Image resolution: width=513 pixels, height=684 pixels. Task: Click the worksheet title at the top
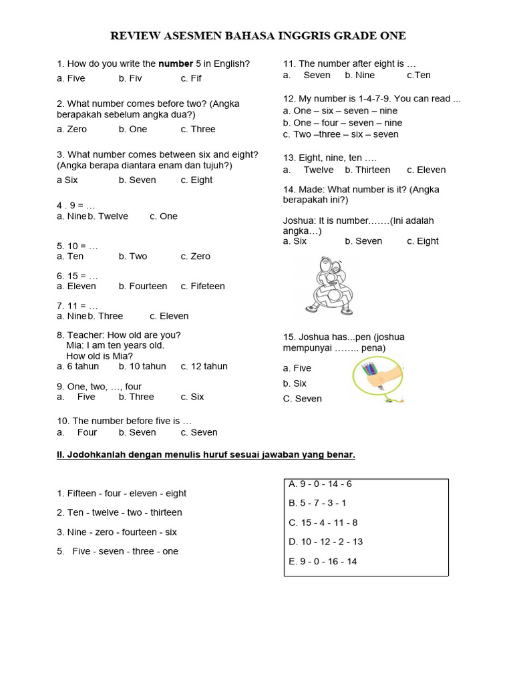click(x=257, y=36)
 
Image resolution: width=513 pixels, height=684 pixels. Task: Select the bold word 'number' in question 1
click(x=175, y=64)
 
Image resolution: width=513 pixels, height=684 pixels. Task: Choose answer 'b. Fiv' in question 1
click(x=130, y=78)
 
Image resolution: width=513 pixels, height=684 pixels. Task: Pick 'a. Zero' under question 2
click(x=71, y=129)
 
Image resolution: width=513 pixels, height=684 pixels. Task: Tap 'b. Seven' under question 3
click(x=137, y=180)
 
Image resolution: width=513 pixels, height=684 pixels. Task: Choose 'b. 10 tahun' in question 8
click(x=142, y=366)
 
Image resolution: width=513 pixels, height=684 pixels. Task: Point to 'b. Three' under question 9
click(x=136, y=397)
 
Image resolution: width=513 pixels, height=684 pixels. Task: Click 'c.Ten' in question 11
click(x=419, y=75)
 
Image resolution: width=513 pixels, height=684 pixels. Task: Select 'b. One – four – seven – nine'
click(x=342, y=123)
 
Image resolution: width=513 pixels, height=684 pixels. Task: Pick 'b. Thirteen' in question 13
click(x=367, y=170)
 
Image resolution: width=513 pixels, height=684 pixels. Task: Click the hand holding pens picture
click(x=377, y=379)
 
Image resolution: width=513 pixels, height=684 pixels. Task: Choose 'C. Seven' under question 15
click(x=302, y=399)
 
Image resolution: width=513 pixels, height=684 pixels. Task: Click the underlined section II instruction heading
click(x=206, y=455)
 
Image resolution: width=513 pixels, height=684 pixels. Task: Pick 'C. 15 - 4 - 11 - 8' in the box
click(x=323, y=522)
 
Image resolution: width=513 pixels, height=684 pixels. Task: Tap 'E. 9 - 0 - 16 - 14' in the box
click(x=323, y=561)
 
